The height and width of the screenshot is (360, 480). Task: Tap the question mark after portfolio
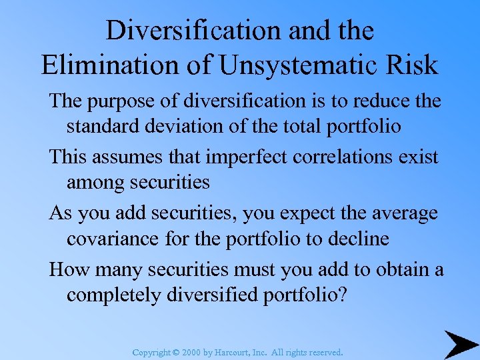click(343, 294)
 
